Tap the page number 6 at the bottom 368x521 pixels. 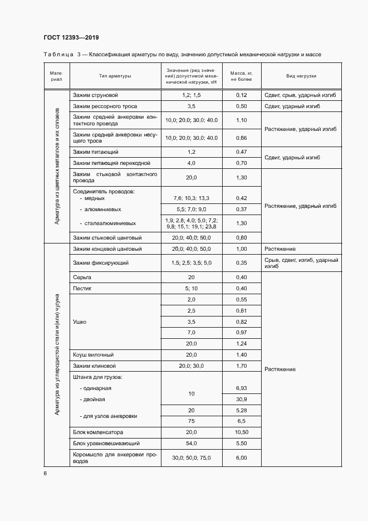[x=45, y=474]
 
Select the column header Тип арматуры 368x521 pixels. [x=115, y=76]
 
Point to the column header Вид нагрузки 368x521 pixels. [x=301, y=76]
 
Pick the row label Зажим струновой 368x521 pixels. [x=95, y=95]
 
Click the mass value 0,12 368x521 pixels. [x=241, y=95]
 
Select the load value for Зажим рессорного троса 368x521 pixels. [x=191, y=106]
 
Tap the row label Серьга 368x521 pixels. [x=81, y=277]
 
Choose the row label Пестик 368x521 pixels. [x=82, y=288]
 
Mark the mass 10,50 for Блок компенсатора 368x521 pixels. [x=241, y=432]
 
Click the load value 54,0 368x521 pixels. [x=191, y=444]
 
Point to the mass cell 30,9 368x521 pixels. [x=241, y=400]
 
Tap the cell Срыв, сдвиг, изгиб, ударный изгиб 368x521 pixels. [x=301, y=263]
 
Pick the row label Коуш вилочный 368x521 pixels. [x=93, y=354]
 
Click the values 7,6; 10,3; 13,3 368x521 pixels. [x=191, y=198]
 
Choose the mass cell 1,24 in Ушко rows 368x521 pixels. [x=241, y=343]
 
